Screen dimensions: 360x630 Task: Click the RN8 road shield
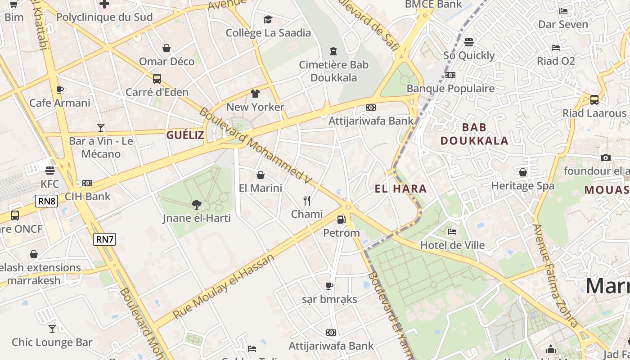tap(47, 201)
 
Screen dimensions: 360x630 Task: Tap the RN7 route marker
tap(105, 239)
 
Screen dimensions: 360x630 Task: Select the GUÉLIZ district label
tap(185, 135)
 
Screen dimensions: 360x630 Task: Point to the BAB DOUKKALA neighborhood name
tap(474, 134)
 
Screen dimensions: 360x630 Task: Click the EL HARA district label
tap(400, 189)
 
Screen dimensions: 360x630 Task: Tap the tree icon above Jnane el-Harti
tap(196, 205)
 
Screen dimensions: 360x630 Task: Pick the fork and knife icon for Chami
tap(307, 201)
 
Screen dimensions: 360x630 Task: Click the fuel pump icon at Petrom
tap(342, 220)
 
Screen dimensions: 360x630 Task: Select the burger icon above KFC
tap(49, 171)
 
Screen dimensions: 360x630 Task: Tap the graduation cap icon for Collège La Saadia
tap(268, 19)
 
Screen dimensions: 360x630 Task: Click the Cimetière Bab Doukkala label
tap(333, 71)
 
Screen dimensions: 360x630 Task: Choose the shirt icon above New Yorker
tap(255, 94)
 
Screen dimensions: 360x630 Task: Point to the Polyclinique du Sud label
tap(104, 17)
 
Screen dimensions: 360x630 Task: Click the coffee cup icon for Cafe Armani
tap(59, 90)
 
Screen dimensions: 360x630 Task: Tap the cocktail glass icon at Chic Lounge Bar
tap(52, 329)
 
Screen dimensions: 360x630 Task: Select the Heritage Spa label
tap(522, 185)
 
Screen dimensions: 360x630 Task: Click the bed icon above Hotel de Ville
tap(452, 232)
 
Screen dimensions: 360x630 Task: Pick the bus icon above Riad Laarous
tap(594, 100)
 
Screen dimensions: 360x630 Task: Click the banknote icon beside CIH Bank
tap(87, 183)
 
